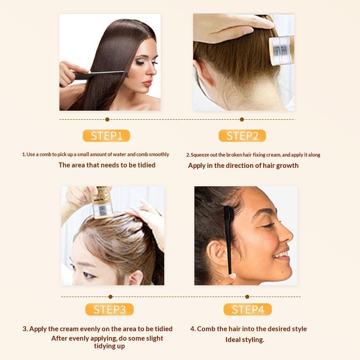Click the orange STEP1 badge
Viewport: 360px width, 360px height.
[106, 136]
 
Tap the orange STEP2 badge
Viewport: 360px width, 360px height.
[242, 136]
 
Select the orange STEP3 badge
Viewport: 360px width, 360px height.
[109, 309]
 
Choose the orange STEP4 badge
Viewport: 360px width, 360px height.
[248, 309]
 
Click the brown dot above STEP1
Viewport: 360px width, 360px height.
[107, 119]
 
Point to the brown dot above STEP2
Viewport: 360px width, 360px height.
[242, 119]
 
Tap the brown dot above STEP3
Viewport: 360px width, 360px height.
[110, 297]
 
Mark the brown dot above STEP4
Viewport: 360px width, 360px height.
[247, 297]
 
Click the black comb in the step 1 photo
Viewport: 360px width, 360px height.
[101, 75]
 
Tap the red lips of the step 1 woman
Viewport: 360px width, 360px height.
[147, 83]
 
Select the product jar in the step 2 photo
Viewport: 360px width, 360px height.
[282, 50]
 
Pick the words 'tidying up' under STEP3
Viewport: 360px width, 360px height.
[109, 346]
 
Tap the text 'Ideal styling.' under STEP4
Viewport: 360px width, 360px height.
[245, 340]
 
